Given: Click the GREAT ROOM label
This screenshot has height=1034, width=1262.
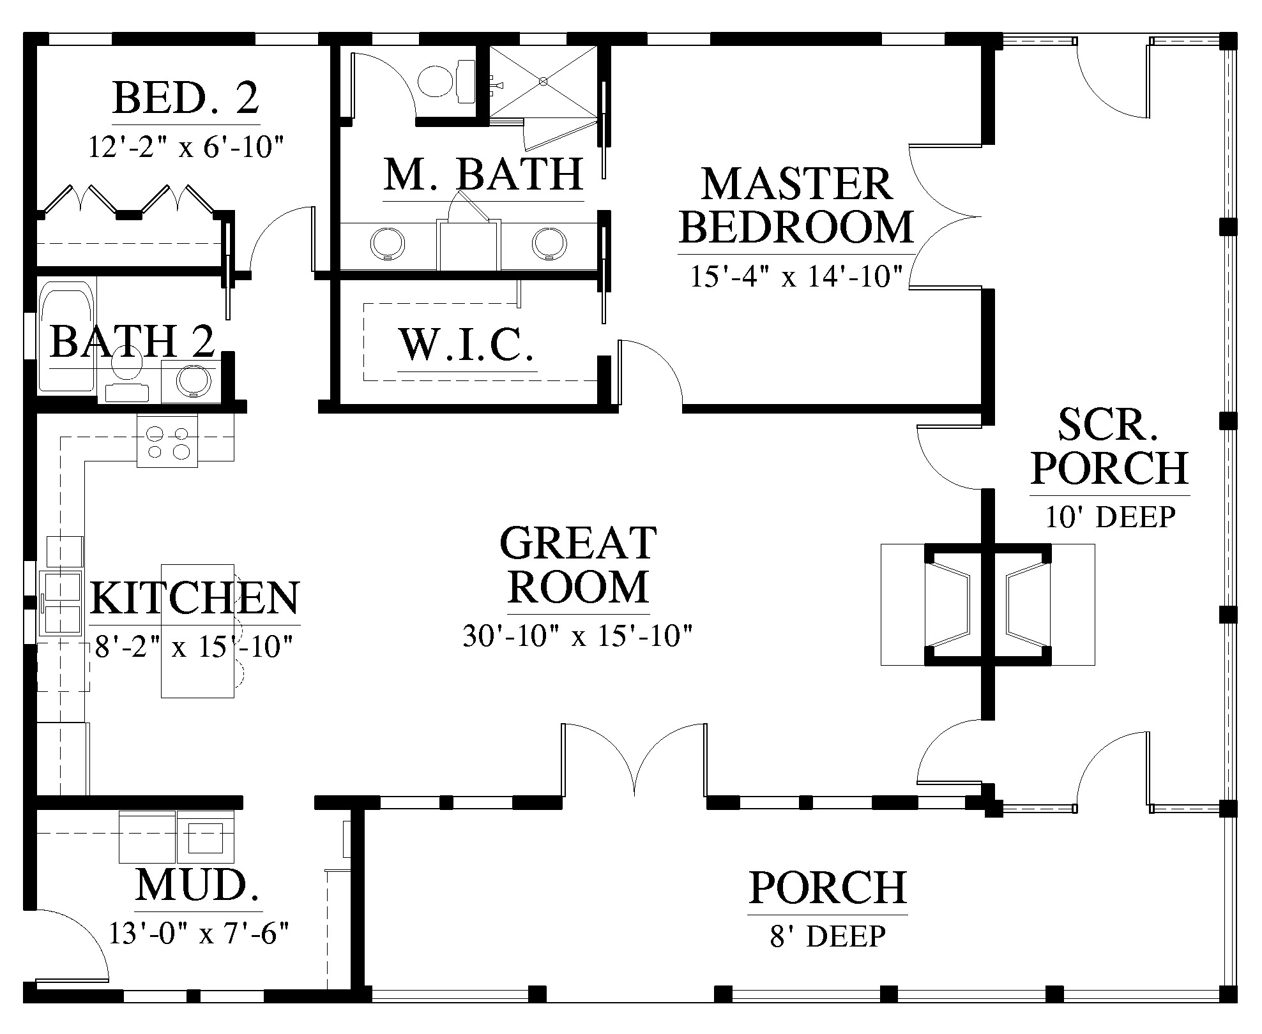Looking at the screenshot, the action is [579, 565].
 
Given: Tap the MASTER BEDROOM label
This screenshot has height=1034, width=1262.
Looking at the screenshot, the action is [796, 206].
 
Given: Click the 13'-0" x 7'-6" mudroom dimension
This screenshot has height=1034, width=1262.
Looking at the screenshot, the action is [199, 934].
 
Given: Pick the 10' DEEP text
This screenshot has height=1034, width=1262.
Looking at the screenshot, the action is [1110, 516].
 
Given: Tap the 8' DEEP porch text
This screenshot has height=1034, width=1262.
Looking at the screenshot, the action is [828, 936].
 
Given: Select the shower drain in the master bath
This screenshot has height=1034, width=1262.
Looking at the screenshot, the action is [543, 82].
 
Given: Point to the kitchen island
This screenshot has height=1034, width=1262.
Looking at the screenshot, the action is [197, 631].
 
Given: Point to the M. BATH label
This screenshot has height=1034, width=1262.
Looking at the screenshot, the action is [483, 174].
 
